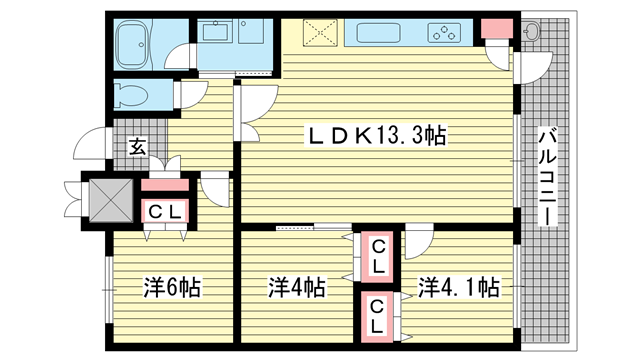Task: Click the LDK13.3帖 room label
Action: click(376, 136)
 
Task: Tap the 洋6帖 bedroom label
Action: click(172, 287)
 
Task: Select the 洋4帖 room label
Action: click(296, 287)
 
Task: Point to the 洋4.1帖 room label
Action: click(458, 287)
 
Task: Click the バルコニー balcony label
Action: click(547, 176)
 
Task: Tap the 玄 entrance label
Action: click(137, 147)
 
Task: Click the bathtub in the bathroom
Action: click(131, 44)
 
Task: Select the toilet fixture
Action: click(131, 96)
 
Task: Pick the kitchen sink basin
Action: click(378, 33)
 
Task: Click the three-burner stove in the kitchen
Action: click(444, 33)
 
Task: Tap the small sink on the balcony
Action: click(531, 31)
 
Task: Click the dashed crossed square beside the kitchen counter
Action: click(320, 33)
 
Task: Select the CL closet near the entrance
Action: click(165, 211)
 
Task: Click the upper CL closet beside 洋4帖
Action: click(377, 257)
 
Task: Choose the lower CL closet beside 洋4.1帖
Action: click(377, 317)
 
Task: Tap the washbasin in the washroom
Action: click(216, 31)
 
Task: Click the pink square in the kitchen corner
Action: click(496, 28)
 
